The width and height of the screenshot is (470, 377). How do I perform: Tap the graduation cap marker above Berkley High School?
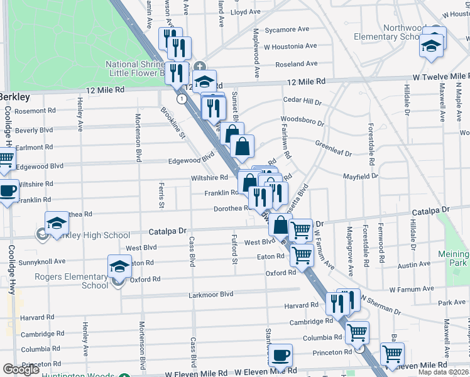click(x=57, y=223)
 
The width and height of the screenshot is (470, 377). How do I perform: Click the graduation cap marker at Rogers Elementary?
click(x=119, y=266)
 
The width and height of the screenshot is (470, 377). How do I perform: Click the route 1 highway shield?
click(x=182, y=99)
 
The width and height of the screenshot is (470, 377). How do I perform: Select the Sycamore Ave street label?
click(x=287, y=30)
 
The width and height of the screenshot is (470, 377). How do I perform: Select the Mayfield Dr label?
click(x=360, y=177)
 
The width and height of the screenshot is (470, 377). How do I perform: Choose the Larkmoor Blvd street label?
click(x=210, y=294)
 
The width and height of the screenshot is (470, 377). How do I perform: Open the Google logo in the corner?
click(x=21, y=369)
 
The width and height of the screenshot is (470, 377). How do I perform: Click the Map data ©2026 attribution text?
click(x=443, y=372)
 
